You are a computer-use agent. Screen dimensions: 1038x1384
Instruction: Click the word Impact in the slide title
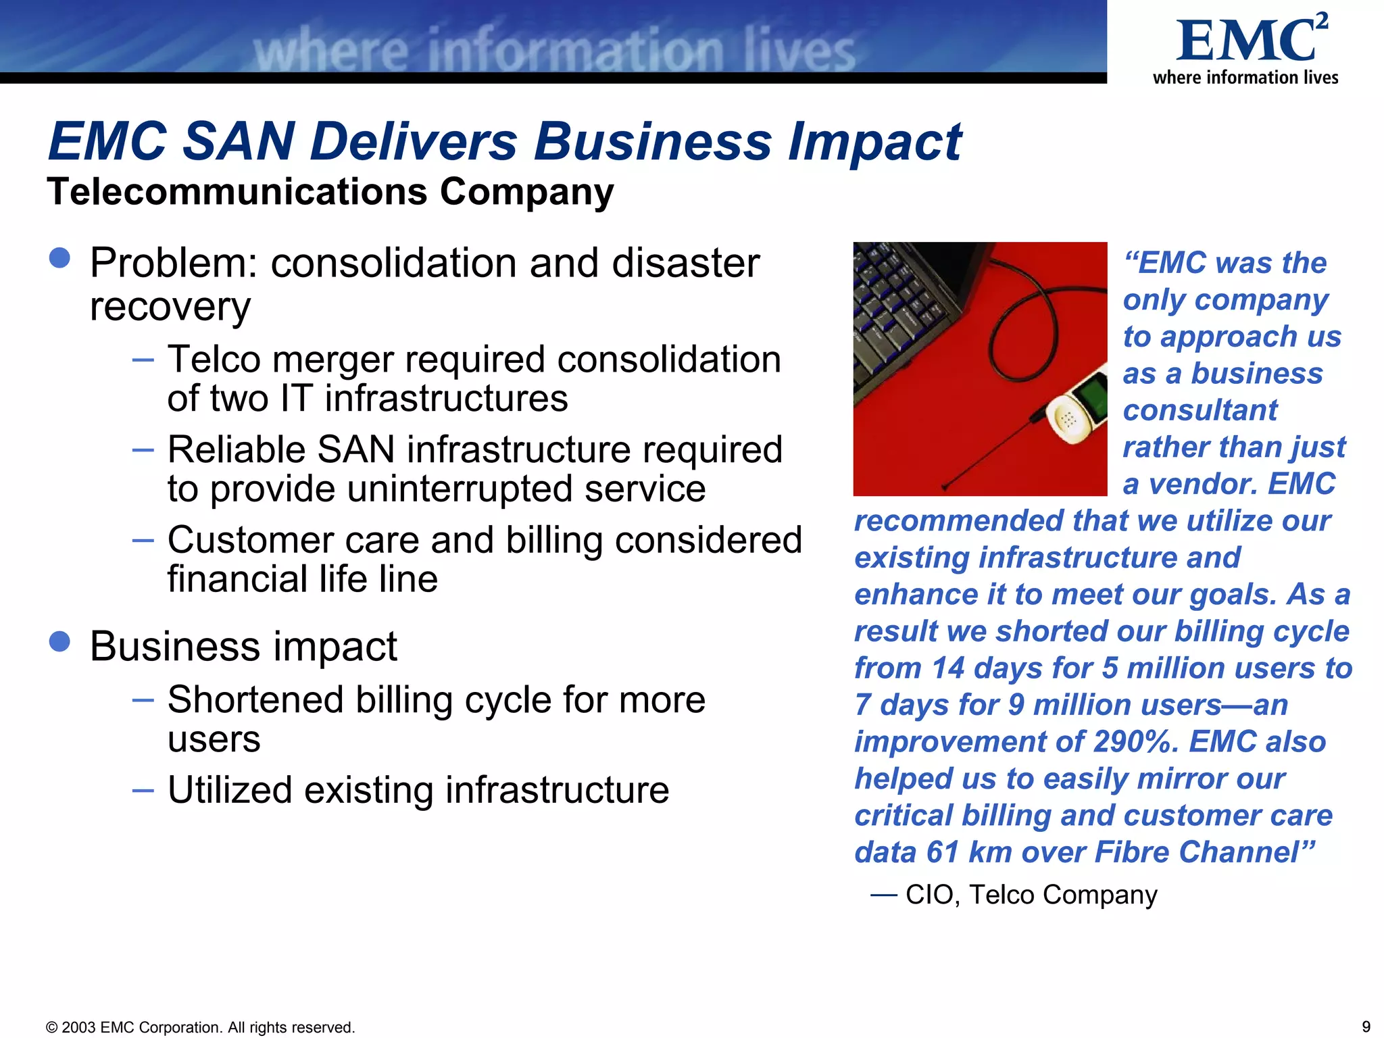[874, 142]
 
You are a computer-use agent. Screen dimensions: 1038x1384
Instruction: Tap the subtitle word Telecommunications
[237, 192]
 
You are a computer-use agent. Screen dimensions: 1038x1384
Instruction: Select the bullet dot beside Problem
[59, 258]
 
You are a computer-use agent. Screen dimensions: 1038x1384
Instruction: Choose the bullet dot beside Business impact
[59, 642]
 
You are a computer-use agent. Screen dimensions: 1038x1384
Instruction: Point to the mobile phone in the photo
[1077, 408]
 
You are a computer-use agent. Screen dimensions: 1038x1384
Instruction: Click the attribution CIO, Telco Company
[1031, 895]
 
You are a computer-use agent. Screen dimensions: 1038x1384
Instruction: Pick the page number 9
[1366, 1027]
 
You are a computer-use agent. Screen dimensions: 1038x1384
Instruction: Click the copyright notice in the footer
[200, 1027]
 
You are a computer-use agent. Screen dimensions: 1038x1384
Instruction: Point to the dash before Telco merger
[143, 360]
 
